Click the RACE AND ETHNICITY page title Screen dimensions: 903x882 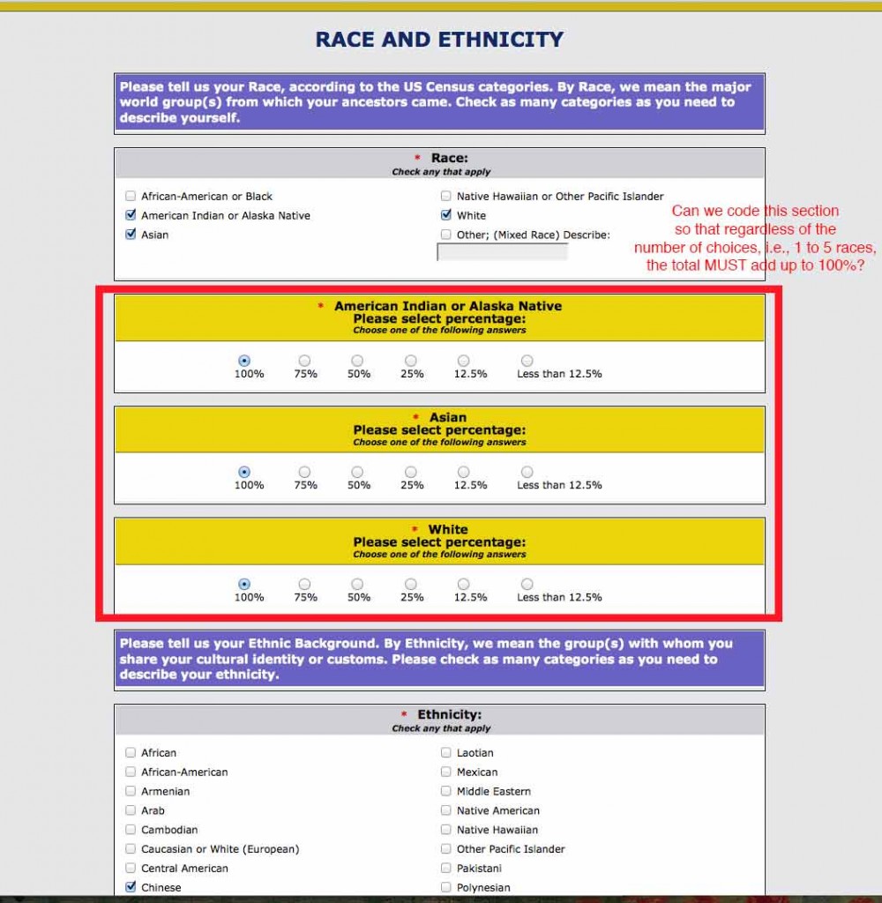click(x=439, y=40)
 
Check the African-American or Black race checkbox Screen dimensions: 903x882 click(x=131, y=196)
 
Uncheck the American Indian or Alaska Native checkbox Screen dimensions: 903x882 click(x=131, y=215)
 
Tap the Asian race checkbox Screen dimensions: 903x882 click(x=131, y=235)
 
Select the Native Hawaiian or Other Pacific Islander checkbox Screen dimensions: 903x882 click(x=446, y=196)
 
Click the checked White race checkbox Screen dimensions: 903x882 click(x=446, y=215)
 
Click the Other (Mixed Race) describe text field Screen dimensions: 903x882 click(x=502, y=252)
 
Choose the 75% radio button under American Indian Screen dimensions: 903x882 click(x=304, y=361)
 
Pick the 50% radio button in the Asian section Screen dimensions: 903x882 click(x=357, y=473)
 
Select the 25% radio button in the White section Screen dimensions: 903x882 click(x=411, y=584)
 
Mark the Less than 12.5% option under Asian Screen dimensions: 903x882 click(x=527, y=473)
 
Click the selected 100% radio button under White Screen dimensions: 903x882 click(x=244, y=584)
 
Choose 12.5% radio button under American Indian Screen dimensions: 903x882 click(x=464, y=361)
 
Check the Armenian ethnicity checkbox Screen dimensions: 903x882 click(x=131, y=791)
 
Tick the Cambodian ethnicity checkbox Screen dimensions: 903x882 click(x=131, y=830)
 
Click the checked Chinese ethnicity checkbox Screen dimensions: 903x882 click(x=131, y=887)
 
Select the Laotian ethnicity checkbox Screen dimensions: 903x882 click(x=446, y=753)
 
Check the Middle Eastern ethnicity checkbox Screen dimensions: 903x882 click(x=446, y=791)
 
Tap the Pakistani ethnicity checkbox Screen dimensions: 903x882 click(x=446, y=868)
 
